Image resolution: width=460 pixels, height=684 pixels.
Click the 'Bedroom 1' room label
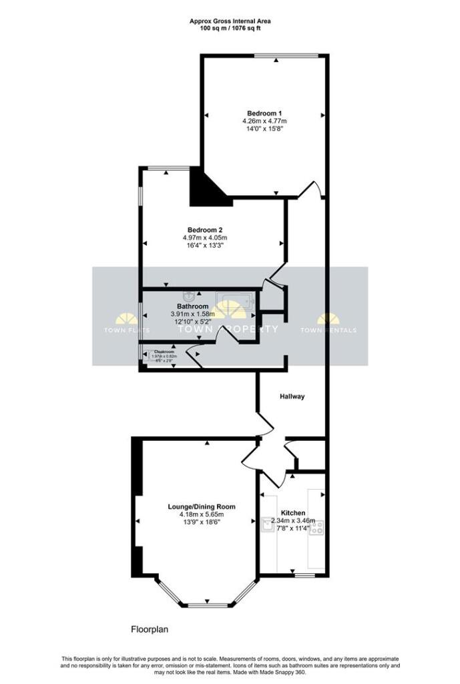coord(264,112)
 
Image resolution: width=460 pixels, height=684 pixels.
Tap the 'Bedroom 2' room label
coord(204,230)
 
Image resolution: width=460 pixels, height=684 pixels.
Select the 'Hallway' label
coord(292,396)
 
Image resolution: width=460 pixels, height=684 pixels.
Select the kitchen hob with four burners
coord(317,528)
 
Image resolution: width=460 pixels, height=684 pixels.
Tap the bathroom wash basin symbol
coord(190,294)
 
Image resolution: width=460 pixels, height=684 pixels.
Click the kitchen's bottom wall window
coord(305,574)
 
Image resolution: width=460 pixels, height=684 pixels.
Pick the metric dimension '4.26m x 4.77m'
coord(264,121)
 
